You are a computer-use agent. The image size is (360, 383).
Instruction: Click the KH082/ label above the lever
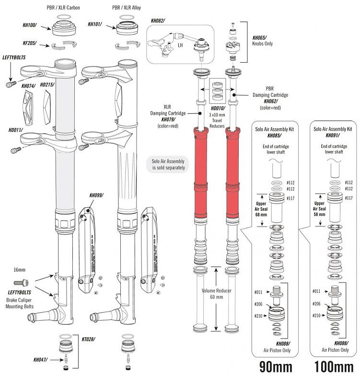point(158,21)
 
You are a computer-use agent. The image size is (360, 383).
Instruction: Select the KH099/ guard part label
point(97,196)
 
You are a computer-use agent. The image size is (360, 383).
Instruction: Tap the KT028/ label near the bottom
point(89,338)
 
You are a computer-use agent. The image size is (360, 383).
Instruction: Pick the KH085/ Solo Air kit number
point(275,135)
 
